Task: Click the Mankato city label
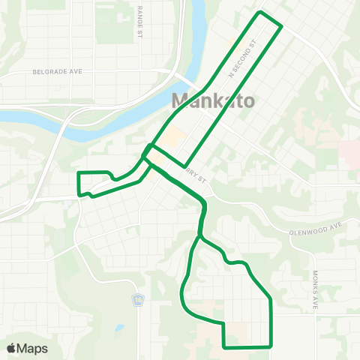pos(205,100)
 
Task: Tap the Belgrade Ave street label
pos(56,73)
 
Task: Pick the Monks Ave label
pos(316,291)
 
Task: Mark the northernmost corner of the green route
pos(260,13)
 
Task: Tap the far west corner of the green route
pos(78,174)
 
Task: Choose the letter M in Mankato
pos(181,100)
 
